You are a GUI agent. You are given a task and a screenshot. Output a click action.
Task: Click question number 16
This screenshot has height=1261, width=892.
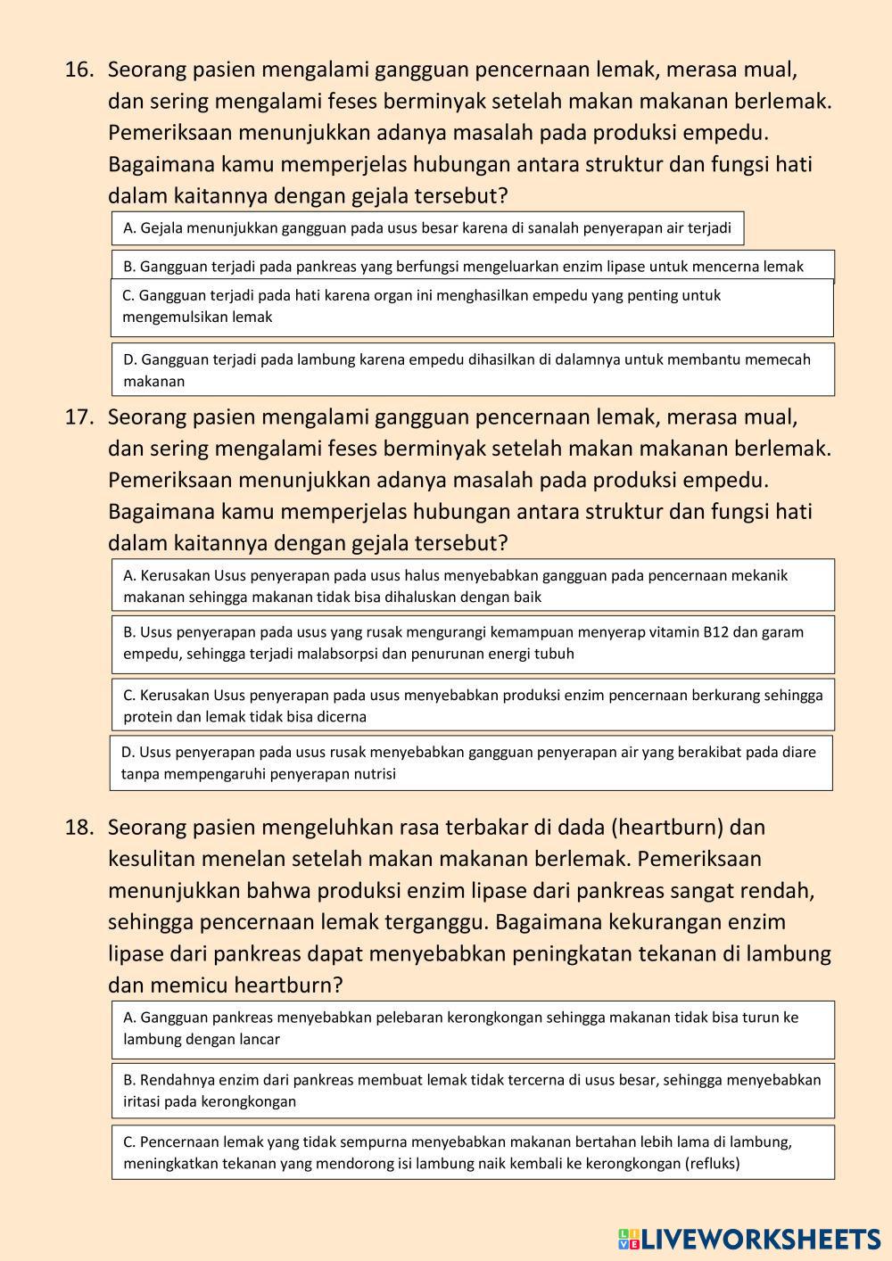78,70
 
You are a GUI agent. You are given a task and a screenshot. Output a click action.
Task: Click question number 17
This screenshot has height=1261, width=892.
78,417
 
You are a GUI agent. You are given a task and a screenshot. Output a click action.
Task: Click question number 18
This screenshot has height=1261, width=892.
78,828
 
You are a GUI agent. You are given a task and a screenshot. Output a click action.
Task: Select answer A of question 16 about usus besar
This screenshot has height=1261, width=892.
427,228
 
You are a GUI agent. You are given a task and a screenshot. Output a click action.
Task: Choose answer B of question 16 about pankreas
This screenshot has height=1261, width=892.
472,266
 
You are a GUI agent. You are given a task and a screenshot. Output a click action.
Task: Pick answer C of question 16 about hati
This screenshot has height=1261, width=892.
472,307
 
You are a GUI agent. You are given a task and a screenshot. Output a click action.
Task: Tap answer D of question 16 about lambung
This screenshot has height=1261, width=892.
472,369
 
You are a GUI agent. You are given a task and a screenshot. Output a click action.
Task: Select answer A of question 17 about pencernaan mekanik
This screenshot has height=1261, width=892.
472,585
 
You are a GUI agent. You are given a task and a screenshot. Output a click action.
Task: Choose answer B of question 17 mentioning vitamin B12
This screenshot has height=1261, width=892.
472,643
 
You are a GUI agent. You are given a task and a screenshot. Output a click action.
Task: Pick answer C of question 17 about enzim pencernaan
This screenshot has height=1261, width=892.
472,705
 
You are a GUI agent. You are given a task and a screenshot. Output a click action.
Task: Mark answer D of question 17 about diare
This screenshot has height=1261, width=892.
471,762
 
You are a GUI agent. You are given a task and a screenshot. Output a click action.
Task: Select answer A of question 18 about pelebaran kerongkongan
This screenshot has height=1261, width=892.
472,1028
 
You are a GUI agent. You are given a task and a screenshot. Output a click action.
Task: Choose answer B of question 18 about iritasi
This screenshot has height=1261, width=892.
472,1090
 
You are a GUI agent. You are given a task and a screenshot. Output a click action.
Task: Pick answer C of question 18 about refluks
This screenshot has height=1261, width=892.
472,1152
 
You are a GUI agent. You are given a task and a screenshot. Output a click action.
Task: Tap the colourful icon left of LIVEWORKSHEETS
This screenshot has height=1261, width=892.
628,1239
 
